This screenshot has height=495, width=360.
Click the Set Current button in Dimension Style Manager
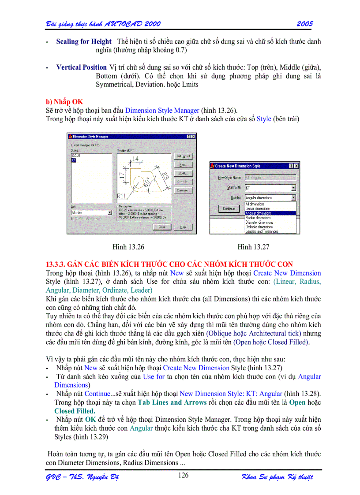183,156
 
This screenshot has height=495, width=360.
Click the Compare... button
182,190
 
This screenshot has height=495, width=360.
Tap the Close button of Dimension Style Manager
162,227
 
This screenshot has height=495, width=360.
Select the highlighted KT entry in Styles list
74,160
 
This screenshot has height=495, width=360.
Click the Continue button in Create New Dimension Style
229,208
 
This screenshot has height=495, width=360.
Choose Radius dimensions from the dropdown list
258,218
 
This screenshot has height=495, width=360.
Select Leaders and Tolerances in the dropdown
262,231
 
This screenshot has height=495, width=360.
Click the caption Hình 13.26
128,247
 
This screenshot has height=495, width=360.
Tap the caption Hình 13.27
253,247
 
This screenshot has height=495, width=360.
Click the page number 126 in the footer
183,475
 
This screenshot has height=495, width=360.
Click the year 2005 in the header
304,23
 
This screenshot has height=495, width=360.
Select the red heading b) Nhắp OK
64,102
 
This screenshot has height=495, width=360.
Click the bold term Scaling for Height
84,41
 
